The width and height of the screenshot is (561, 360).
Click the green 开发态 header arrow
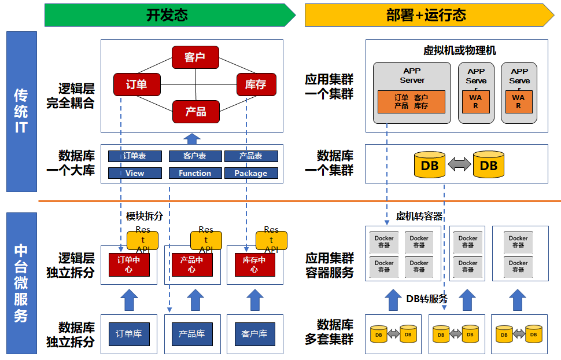click(x=168, y=15)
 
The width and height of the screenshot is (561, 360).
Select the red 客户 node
click(x=195, y=57)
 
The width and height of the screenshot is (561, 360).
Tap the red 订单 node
click(x=136, y=85)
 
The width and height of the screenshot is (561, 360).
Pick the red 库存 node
click(x=256, y=85)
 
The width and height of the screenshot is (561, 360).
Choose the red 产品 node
click(x=195, y=111)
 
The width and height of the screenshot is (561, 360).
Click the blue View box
click(x=135, y=173)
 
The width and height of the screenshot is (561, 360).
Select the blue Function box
click(x=195, y=173)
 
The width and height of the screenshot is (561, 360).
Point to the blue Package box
click(x=251, y=173)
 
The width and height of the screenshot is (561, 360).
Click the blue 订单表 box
click(x=135, y=156)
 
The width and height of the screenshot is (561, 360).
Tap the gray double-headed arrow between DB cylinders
click(x=459, y=165)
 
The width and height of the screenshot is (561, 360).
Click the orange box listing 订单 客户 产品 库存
click(x=411, y=102)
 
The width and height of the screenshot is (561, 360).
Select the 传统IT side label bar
click(x=21, y=111)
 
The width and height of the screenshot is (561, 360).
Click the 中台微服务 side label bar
click(x=21, y=283)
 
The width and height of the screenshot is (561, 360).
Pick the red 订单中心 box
click(x=129, y=264)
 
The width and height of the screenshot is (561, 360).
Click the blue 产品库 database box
click(x=191, y=334)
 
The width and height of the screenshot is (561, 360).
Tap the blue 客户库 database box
click(x=254, y=334)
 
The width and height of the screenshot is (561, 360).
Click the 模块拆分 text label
click(x=145, y=216)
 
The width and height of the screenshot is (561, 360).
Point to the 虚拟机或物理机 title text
click(x=459, y=50)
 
